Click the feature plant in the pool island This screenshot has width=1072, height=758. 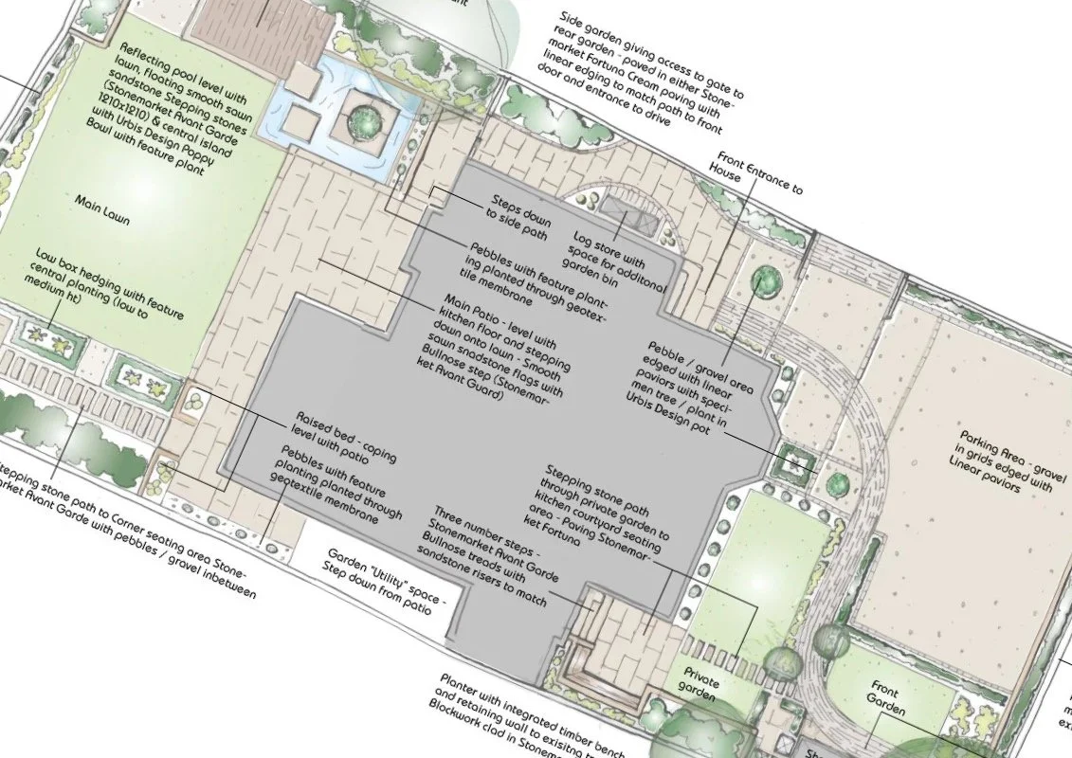tap(364, 120)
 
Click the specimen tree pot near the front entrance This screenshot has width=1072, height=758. tap(764, 282)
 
